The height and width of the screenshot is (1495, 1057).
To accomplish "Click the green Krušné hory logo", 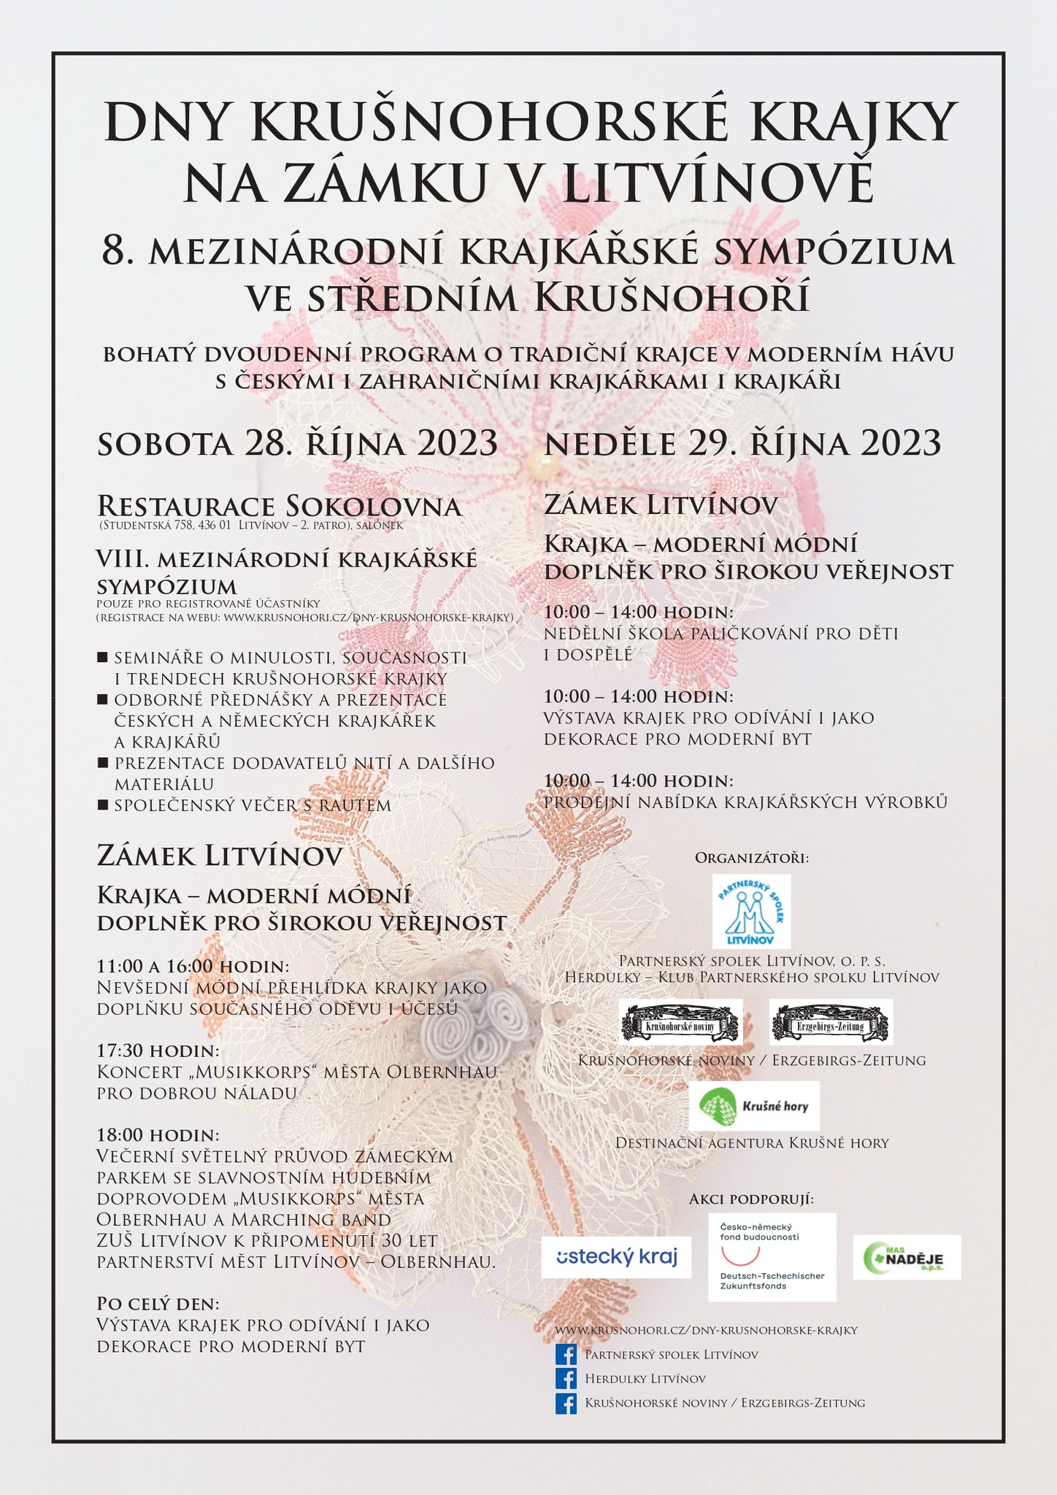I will [753, 1106].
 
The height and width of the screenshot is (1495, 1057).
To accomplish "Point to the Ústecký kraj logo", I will [616, 1257].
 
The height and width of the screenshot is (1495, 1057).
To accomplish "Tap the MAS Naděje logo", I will [907, 1256].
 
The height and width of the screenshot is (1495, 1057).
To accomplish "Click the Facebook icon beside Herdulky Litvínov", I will [566, 1379].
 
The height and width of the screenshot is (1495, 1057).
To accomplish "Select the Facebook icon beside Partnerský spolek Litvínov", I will [566, 1355].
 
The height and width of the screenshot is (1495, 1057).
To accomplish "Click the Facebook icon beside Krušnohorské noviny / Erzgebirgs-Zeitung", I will [566, 1403].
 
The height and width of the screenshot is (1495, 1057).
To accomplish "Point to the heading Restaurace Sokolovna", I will [279, 506].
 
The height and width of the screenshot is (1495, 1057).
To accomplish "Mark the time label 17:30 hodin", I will [158, 1050].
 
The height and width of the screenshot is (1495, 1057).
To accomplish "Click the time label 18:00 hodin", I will [158, 1136].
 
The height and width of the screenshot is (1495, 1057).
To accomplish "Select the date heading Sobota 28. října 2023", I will [297, 443].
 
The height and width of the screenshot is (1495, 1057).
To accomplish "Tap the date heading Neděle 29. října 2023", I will [742, 443].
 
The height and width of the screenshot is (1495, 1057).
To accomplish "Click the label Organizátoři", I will [752, 857].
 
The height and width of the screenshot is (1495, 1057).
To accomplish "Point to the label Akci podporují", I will [751, 1199].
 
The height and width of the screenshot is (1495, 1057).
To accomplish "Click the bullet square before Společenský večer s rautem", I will [102, 805].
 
